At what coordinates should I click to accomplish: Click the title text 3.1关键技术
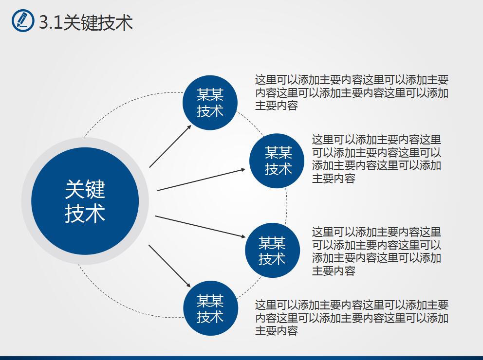pos(86,22)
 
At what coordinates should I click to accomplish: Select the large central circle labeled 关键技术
pos(85,200)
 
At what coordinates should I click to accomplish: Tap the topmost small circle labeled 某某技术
pos(210,103)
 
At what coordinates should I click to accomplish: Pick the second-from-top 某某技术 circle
pos(277,161)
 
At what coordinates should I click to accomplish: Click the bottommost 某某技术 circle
pos(210,308)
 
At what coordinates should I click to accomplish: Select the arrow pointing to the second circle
pos(202,180)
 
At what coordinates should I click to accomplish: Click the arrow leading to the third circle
pos(200,226)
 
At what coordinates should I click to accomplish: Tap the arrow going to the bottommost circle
pos(170,266)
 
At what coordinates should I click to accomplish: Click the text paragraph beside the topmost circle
pos(352,92)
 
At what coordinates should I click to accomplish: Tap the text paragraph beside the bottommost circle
pos(352,318)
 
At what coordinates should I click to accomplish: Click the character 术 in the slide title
pos(124,22)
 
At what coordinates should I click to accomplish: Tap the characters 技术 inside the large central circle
pos(85,214)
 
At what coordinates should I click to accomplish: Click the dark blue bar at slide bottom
pos(241,358)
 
